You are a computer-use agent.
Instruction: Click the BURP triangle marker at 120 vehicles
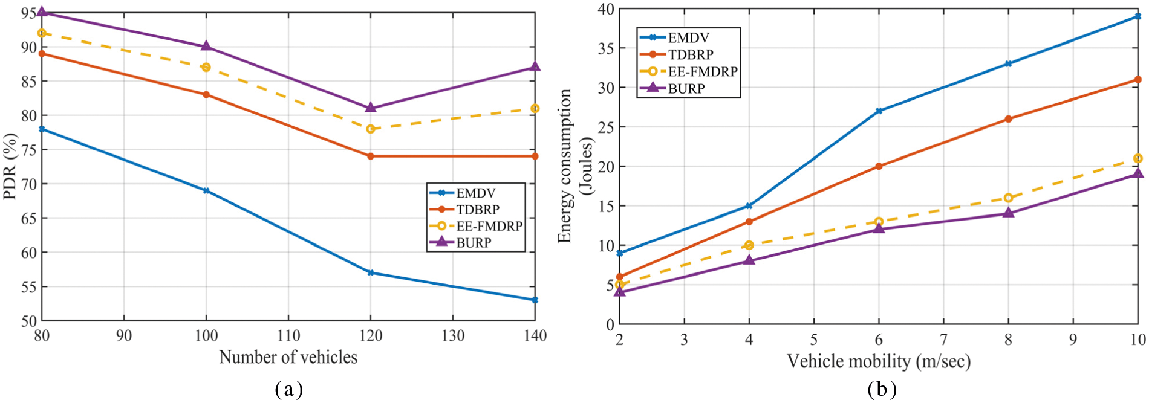[371, 108]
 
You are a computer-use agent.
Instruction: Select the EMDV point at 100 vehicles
[206, 190]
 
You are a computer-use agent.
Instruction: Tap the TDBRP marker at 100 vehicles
[206, 94]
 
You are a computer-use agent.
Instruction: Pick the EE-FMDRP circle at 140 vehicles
[535, 108]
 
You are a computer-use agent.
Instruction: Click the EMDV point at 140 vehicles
[535, 300]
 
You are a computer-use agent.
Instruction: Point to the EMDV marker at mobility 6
[879, 111]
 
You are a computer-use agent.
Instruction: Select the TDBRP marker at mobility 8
[1008, 119]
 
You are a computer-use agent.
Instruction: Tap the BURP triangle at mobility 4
[749, 260]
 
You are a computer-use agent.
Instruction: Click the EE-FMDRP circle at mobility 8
[1008, 198]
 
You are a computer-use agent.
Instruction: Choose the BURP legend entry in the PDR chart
[474, 242]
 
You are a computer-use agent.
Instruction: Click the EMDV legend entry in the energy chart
[688, 37]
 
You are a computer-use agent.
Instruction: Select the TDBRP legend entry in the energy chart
[691, 54]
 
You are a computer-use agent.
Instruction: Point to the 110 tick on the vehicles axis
[288, 336]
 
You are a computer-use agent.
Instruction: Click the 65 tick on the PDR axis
[28, 218]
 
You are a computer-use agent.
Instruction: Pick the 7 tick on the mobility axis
[943, 340]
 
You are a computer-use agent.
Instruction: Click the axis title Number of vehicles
[288, 357]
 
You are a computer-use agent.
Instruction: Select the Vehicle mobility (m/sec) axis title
[878, 361]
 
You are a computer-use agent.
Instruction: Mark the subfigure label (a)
[288, 389]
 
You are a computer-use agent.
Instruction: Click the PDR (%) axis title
[10, 166]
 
